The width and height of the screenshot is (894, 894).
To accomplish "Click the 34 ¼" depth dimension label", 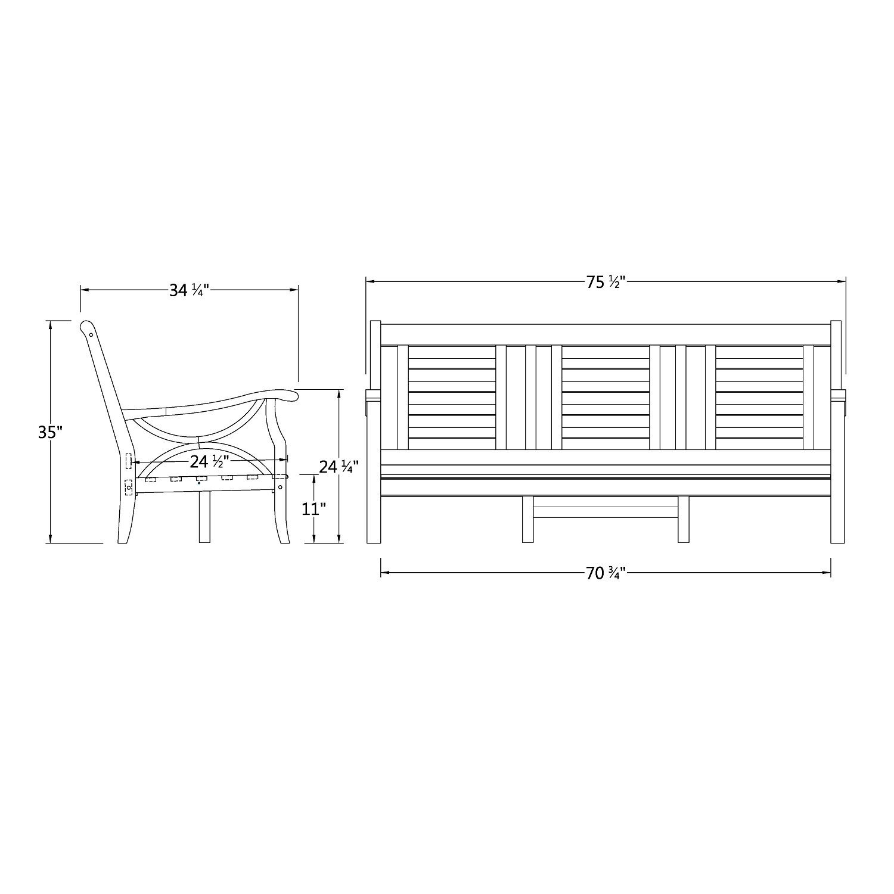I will pos(188,290).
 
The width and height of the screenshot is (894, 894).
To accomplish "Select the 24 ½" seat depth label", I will pos(209,461).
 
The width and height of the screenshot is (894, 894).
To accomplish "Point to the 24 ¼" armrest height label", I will pos(339,467).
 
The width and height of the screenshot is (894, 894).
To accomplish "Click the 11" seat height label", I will pos(314,510).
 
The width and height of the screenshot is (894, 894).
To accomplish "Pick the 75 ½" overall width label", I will pos(605,283).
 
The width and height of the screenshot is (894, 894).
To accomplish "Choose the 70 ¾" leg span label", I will pos(605,573).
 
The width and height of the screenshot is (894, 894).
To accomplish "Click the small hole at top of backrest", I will pos(91,334).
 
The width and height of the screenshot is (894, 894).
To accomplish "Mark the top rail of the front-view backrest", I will pos(605,334).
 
